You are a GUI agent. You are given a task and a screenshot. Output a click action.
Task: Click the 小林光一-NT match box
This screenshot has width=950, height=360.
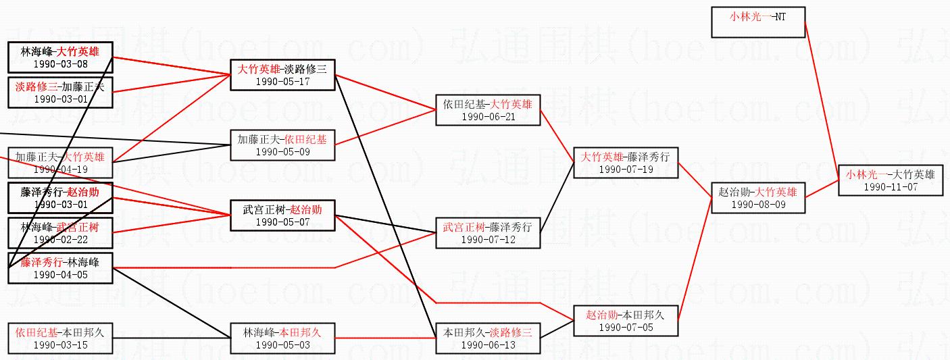tap(758, 22)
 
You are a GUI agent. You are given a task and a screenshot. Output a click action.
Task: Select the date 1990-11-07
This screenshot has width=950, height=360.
tap(890, 186)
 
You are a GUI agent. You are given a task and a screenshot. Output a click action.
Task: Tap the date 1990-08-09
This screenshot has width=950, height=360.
tap(758, 204)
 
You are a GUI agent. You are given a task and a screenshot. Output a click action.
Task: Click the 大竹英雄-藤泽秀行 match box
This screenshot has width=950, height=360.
tap(626, 162)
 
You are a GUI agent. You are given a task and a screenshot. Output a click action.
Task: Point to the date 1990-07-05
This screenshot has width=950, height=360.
tap(626, 327)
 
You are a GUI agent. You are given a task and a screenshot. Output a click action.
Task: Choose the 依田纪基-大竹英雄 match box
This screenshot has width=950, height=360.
tap(488, 109)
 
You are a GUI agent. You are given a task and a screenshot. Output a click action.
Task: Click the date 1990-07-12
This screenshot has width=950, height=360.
tap(488, 239)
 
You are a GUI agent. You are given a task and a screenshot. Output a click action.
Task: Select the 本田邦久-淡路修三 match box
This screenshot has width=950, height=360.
tap(488, 338)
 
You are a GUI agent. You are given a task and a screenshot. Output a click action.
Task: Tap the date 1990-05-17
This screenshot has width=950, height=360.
tap(282, 81)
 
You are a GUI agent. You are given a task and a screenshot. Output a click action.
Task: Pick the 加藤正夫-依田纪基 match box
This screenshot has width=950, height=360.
tap(282, 145)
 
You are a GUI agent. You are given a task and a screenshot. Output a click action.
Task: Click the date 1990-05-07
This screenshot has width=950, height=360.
tap(282, 222)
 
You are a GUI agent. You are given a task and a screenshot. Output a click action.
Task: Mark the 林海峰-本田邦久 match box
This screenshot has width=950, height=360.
tap(282, 338)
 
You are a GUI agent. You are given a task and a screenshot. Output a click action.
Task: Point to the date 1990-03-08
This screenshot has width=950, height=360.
tap(60, 63)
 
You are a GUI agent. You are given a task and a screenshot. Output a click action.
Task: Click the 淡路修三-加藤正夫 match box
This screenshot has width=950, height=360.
tap(60, 93)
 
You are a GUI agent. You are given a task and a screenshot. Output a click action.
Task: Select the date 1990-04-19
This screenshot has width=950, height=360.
tap(60, 169)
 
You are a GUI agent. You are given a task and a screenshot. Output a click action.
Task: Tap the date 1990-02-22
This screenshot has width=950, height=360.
tap(60, 239)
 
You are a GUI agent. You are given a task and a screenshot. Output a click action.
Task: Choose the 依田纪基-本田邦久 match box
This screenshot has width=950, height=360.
tap(60, 338)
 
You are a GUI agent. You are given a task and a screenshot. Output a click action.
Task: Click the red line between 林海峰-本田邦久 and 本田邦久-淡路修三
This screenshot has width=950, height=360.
tap(385, 337)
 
